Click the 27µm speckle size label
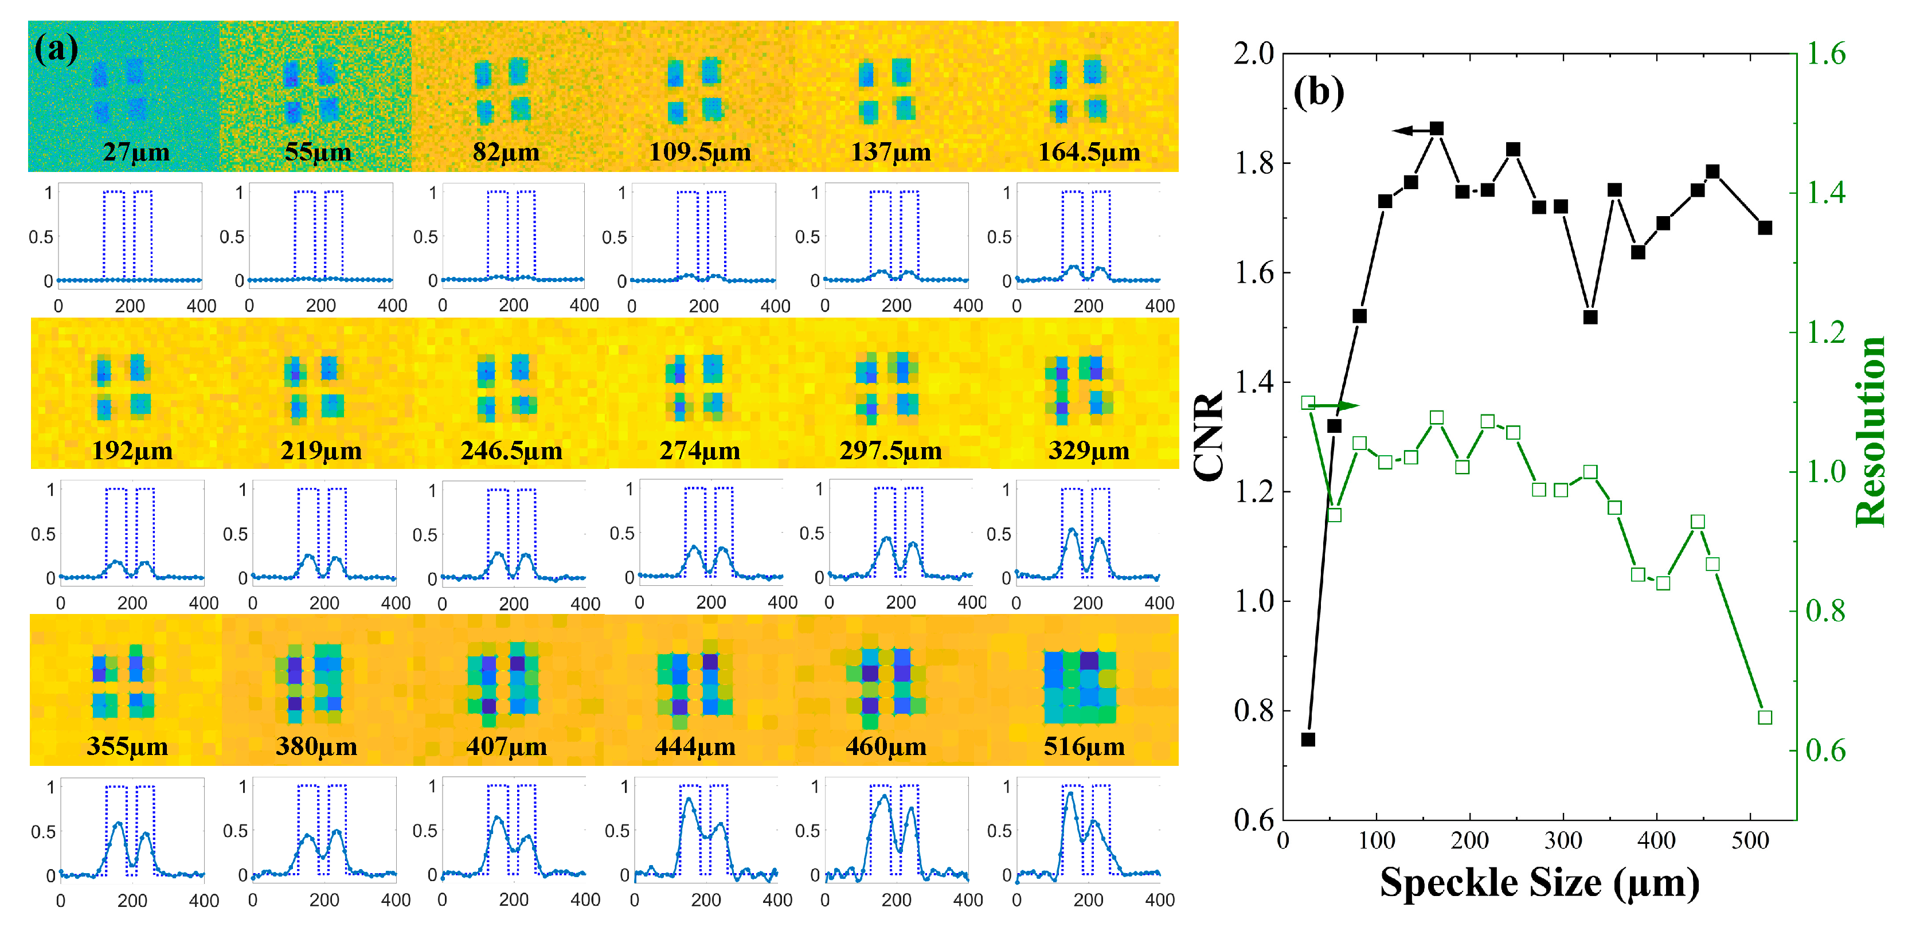[x=136, y=152]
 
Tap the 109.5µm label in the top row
[x=700, y=152]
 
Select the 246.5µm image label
[x=511, y=451]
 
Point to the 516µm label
[x=1084, y=746]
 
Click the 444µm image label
[x=695, y=746]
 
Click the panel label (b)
[x=1318, y=92]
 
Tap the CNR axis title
[x=1209, y=436]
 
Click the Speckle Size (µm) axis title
[x=1539, y=883]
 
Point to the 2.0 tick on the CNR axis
[x=1254, y=53]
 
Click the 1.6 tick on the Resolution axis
[x=1825, y=53]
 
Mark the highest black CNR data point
[x=1436, y=128]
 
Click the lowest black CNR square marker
[x=1308, y=740]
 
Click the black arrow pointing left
[x=1410, y=131]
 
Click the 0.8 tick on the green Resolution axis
[x=1825, y=611]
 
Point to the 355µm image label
[x=127, y=746]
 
